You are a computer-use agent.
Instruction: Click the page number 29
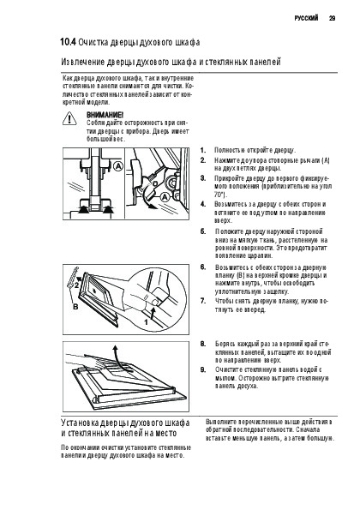tap(332, 18)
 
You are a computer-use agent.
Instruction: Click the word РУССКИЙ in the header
tap(306, 18)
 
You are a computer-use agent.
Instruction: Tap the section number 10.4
tap(68, 42)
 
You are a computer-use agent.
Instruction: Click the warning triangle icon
tap(69, 118)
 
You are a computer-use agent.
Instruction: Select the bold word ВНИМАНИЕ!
tap(105, 115)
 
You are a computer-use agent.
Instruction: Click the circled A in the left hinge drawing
tap(118, 166)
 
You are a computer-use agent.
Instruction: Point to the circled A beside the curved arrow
tap(165, 197)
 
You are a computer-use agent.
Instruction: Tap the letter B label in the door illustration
tap(75, 307)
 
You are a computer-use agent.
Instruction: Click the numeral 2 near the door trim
tap(76, 286)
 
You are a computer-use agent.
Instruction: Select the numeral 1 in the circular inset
tap(146, 322)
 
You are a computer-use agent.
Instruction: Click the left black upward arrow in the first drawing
tap(84, 209)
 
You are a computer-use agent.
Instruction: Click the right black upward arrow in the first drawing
tap(107, 209)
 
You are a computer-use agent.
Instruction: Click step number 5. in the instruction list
tap(203, 231)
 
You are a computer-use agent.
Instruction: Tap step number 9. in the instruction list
tap(203, 369)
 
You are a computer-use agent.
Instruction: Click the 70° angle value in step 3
tap(219, 195)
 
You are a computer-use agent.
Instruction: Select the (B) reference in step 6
tap(241, 275)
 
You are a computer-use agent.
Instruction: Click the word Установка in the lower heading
tap(80, 423)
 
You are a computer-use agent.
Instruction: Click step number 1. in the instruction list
tap(203, 150)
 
